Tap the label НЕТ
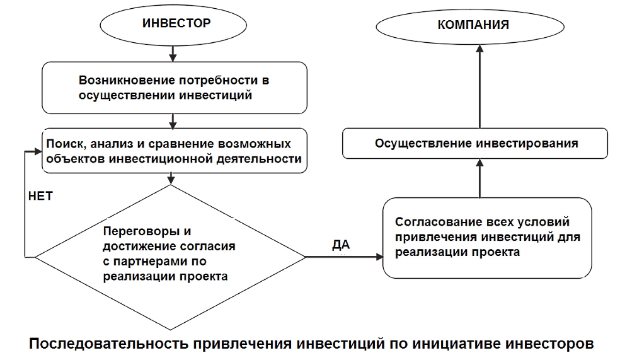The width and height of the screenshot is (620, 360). coord(40,196)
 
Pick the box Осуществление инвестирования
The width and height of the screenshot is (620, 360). coord(476,143)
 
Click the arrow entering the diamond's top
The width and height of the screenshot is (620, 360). coord(171,178)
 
